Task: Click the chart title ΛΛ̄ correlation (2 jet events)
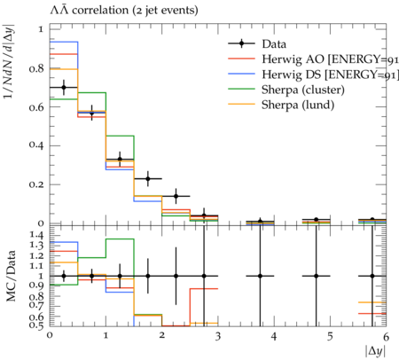(124, 10)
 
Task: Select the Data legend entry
(257, 43)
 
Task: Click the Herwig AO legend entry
(313, 59)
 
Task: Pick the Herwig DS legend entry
(313, 74)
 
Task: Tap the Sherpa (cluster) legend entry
(286, 90)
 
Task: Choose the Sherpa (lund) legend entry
(281, 105)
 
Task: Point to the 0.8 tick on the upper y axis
(36, 68)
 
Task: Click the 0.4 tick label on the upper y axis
(36, 145)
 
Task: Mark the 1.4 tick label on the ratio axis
(36, 235)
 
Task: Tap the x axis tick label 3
(218, 336)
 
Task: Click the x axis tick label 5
(330, 336)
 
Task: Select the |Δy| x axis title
(376, 351)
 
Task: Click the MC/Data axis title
(11, 276)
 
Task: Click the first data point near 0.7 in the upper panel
(64, 87)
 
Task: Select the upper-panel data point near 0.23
(148, 178)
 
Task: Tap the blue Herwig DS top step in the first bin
(64, 42)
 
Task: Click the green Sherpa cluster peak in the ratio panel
(120, 239)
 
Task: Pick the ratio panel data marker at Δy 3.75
(260, 276)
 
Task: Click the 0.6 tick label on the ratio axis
(36, 317)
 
